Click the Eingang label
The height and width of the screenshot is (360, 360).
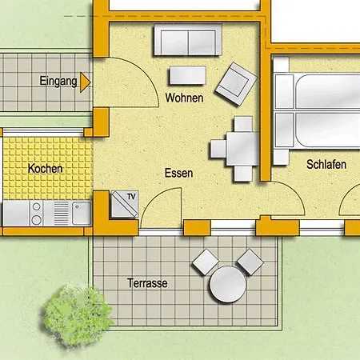point(58,81)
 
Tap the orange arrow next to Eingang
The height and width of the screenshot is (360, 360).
point(85,81)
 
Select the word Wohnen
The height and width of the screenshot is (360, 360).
point(184,98)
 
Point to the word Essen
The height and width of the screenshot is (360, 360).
point(179,173)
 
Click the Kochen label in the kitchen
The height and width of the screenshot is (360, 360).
point(45,169)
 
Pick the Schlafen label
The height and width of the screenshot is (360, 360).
point(326,164)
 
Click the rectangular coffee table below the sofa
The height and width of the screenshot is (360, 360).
point(187,75)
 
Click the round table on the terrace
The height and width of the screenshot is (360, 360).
point(226,283)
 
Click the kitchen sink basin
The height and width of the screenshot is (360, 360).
point(80,212)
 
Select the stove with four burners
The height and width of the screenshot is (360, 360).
point(37,212)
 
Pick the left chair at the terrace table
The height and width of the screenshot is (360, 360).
point(204,261)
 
